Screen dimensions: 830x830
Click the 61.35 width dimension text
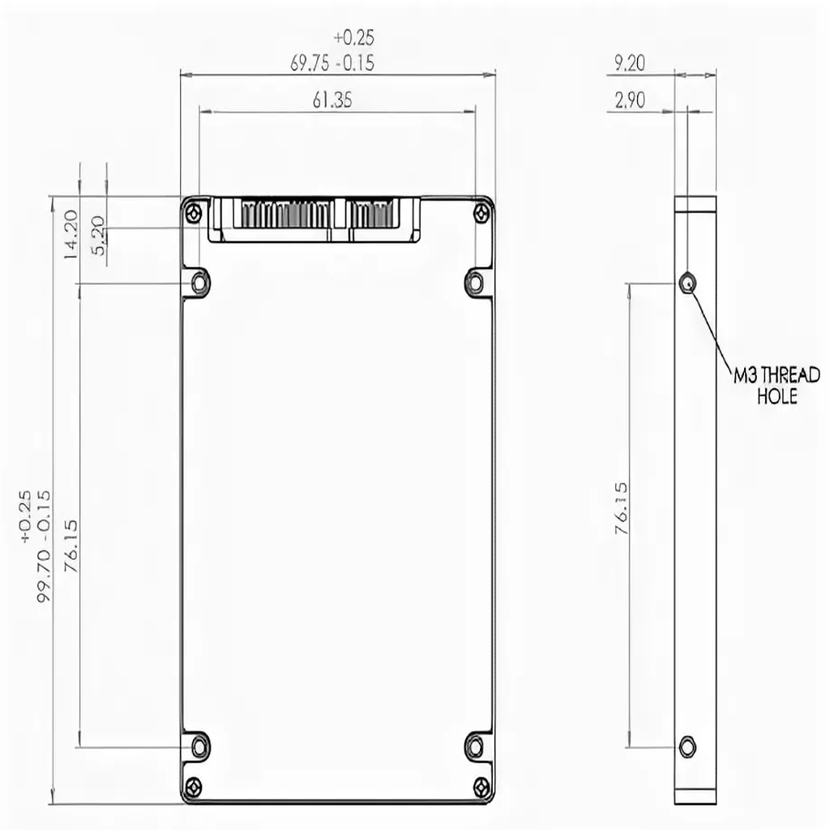tap(332, 100)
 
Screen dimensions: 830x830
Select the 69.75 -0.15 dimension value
tap(332, 64)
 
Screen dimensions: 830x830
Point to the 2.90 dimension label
tap(630, 101)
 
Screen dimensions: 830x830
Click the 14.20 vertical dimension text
tap(71, 233)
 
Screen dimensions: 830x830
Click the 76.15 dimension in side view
tap(622, 508)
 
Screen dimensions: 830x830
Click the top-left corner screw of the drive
tap(192, 213)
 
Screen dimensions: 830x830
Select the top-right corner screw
tap(482, 213)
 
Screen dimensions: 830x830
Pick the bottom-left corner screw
tap(192, 785)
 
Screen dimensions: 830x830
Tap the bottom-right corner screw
tap(482, 785)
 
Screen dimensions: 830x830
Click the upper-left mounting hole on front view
tap(200, 283)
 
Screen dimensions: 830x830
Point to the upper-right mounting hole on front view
tap(475, 283)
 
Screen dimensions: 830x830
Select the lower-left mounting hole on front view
tap(199, 745)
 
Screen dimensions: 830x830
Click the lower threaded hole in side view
tap(687, 745)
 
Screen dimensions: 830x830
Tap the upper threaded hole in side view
tap(687, 283)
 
